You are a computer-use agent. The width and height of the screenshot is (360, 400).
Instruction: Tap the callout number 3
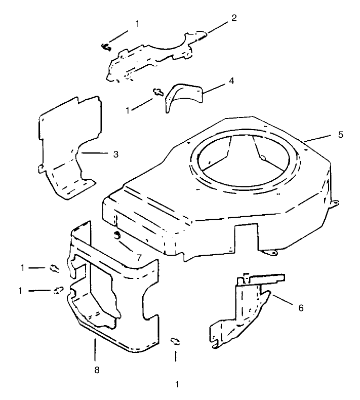tap(115, 153)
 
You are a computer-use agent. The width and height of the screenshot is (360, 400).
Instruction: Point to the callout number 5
tap(340, 135)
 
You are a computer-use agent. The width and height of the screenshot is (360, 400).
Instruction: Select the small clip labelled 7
tap(117, 235)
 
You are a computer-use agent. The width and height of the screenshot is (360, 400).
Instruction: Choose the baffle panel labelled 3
tap(68, 147)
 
